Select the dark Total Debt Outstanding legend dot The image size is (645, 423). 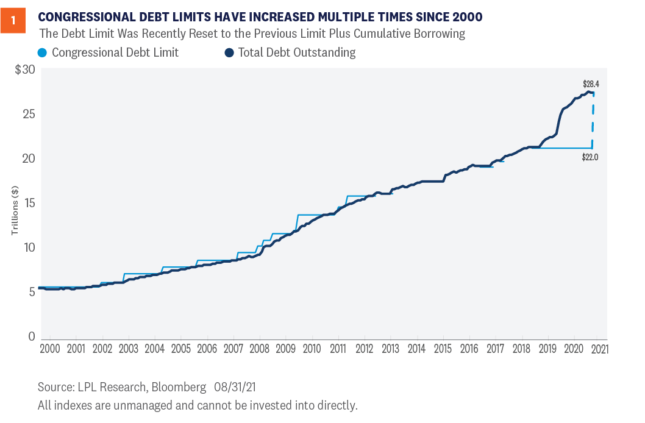[x=229, y=52]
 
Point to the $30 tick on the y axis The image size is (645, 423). [x=25, y=69]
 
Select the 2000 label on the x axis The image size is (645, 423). [x=50, y=349]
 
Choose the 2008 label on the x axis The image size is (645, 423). [x=260, y=349]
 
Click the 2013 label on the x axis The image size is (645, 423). [x=391, y=349]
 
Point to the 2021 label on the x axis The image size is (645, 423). [x=599, y=349]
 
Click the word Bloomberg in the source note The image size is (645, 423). [x=180, y=387]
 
